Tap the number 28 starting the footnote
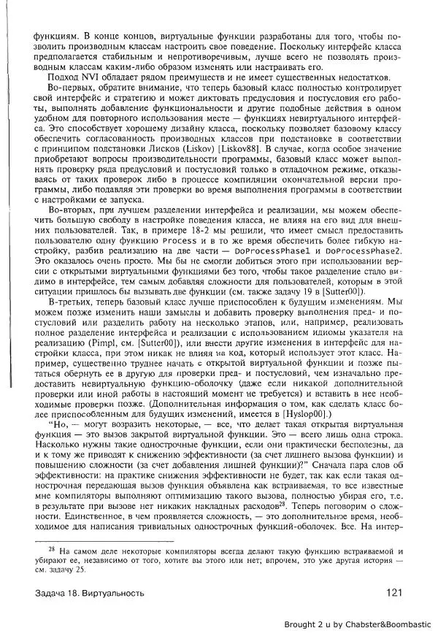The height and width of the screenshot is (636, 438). click(52, 543)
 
